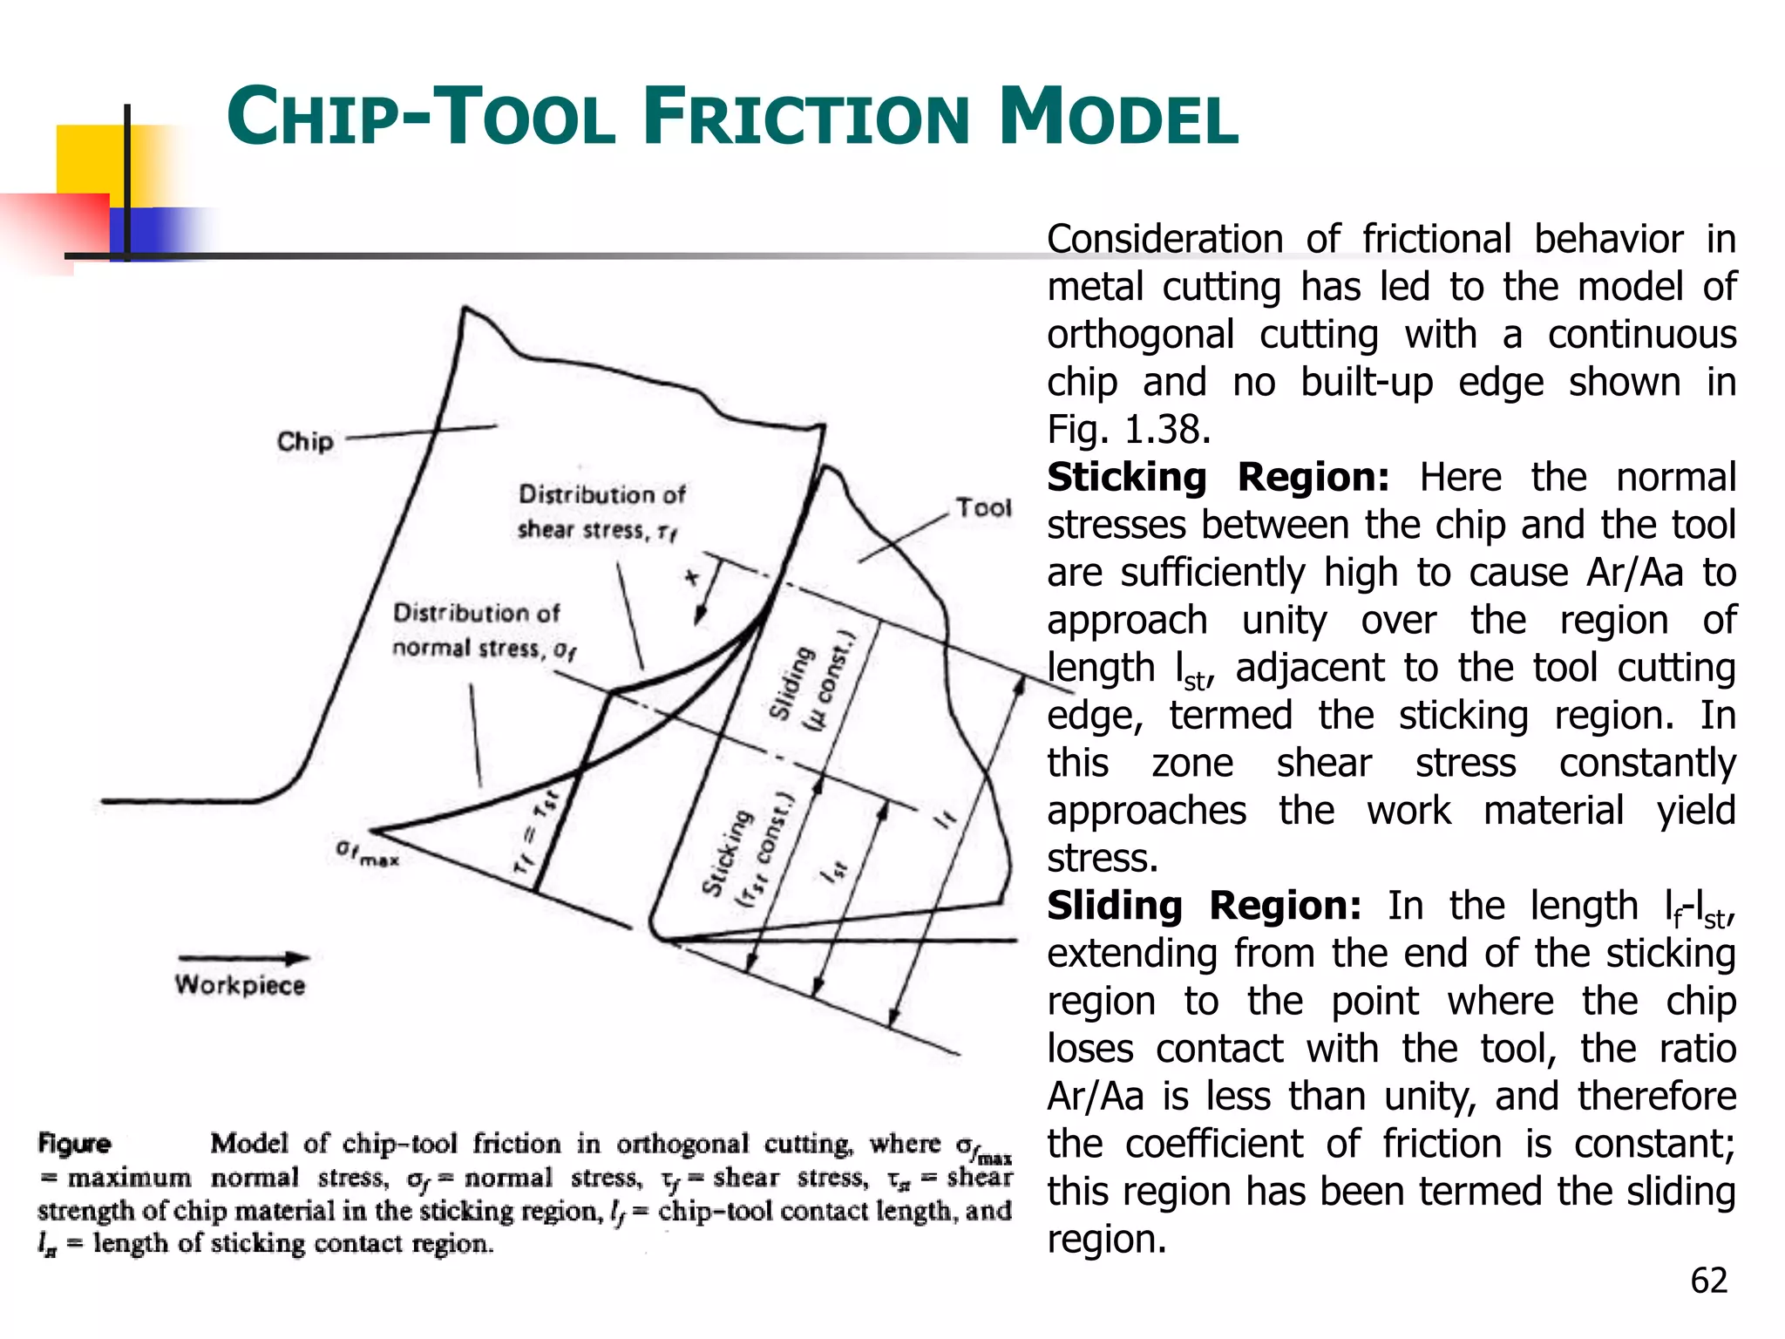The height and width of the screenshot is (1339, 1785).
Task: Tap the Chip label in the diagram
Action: [305, 441]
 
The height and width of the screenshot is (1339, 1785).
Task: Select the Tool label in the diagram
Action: [984, 507]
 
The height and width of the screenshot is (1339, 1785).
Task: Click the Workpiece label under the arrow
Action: [241, 985]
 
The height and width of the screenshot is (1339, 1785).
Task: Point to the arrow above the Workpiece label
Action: [243, 957]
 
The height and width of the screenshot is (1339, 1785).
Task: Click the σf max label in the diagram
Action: [367, 853]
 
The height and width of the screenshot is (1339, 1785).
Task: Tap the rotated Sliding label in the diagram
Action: [791, 683]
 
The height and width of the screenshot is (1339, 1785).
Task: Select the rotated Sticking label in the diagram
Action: [726, 853]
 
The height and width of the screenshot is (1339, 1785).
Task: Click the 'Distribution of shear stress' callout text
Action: [601, 513]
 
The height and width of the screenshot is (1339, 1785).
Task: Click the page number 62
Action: [1708, 1281]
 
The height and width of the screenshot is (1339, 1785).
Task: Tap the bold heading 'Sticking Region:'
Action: [1218, 478]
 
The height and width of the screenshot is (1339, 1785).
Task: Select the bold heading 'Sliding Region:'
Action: [1204, 906]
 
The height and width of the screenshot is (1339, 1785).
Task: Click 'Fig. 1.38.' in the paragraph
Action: [1129, 430]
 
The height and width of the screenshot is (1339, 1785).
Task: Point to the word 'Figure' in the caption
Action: [75, 1144]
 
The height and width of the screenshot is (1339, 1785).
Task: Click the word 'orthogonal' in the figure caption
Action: [682, 1144]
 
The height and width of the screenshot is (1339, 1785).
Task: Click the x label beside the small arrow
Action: [692, 577]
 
